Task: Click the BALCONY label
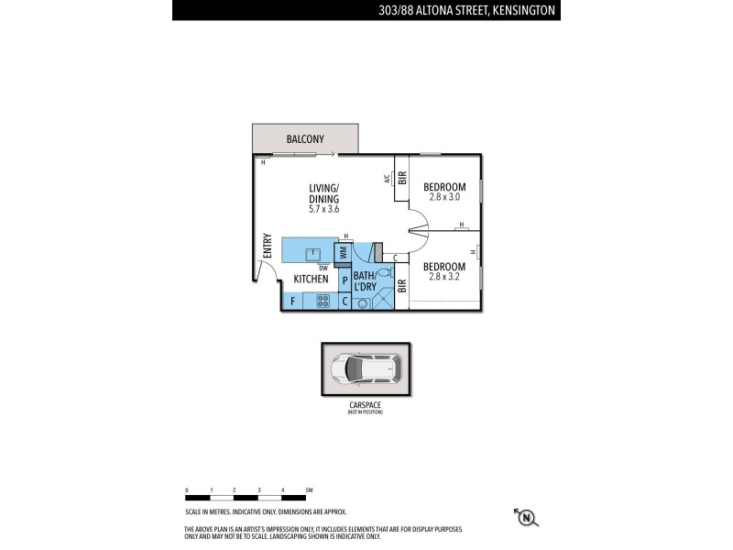tap(305, 139)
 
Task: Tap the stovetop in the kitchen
tap(323, 300)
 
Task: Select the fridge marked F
tap(292, 300)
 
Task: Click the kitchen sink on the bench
tap(312, 252)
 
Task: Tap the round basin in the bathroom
tap(363, 302)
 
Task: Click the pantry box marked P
tap(345, 280)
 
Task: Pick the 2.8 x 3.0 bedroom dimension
tap(443, 198)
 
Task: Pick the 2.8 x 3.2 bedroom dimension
tap(443, 278)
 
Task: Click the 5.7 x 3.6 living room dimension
tap(324, 210)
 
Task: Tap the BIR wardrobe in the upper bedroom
tap(401, 179)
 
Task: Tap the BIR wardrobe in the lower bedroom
tap(401, 285)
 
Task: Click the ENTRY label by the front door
tap(268, 247)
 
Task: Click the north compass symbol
tap(526, 518)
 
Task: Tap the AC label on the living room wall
tap(388, 179)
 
